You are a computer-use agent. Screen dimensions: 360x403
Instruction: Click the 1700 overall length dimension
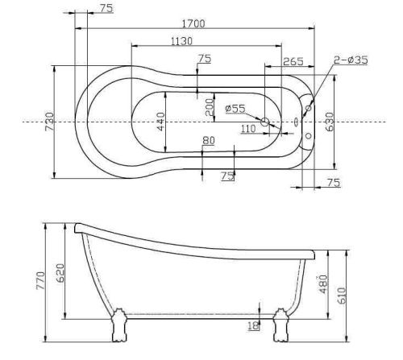(193, 24)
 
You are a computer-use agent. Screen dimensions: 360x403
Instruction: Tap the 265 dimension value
(293, 61)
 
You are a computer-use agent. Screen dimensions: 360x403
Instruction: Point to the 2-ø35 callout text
(351, 60)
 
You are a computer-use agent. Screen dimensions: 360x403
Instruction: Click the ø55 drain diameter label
(235, 108)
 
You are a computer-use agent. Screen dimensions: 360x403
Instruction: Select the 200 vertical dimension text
(210, 108)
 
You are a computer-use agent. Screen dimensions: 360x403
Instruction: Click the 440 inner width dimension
(161, 122)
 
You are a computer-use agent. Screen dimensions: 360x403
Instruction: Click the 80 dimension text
(210, 141)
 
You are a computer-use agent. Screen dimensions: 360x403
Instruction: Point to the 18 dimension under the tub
(254, 325)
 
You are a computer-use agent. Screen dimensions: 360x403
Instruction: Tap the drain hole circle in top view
(265, 122)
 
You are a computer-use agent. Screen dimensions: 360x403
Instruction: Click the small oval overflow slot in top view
(296, 122)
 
